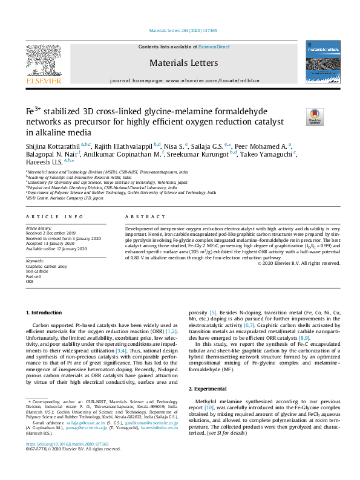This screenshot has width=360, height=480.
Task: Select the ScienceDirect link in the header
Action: tap(214, 47)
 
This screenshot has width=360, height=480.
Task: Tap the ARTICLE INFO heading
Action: tap(54, 216)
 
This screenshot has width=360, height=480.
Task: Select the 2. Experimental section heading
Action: tap(211, 387)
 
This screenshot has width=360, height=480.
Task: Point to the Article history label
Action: tap(38, 228)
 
